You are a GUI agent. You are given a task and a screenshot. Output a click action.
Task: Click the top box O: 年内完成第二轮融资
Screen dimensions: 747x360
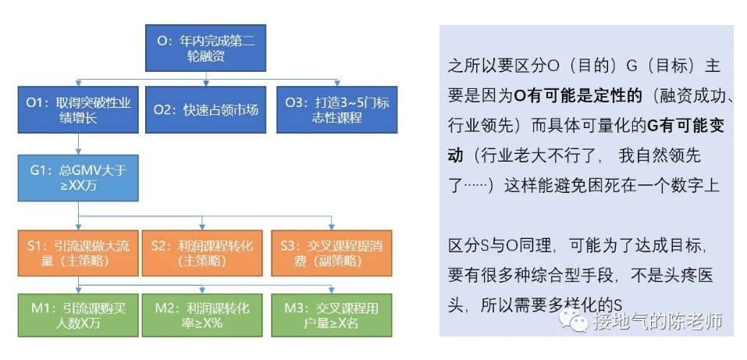pos(205,48)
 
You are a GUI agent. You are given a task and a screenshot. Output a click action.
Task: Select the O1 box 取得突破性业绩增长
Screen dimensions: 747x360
pos(78,109)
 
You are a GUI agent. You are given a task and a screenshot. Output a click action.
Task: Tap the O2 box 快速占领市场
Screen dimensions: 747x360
pos(205,109)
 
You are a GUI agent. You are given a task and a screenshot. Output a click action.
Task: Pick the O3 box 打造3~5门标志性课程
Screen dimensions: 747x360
pos(337,109)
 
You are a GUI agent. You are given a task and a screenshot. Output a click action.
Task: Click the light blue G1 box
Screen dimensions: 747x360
pos(78,178)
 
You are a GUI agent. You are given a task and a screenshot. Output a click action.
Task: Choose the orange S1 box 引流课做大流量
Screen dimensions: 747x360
pos(78,253)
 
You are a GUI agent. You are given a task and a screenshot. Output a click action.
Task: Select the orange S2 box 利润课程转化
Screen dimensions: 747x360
pos(202,253)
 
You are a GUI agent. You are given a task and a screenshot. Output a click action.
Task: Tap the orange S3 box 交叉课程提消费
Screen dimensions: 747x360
pos(332,253)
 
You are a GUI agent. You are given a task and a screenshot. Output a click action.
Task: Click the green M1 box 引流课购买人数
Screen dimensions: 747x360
pos(78,315)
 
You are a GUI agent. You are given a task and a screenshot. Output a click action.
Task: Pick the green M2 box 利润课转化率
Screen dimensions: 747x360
pos(202,315)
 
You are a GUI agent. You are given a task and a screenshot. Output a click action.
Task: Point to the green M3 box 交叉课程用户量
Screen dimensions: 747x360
pos(332,315)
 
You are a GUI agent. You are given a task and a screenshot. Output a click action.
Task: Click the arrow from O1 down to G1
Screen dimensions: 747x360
pos(78,144)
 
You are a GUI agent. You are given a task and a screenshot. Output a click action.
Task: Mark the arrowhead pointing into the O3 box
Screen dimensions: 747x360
pos(337,84)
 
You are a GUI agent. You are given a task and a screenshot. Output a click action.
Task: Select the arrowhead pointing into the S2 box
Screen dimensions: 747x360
pos(202,226)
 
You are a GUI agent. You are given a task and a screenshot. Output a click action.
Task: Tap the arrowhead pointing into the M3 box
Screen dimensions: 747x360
pos(332,290)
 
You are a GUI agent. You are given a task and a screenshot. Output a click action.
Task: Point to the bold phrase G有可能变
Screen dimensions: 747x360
pos(685,126)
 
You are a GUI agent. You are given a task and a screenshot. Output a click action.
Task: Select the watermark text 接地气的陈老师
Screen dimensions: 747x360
pos(657,320)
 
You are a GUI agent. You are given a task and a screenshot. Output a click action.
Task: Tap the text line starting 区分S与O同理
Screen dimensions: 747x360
pos(578,247)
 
